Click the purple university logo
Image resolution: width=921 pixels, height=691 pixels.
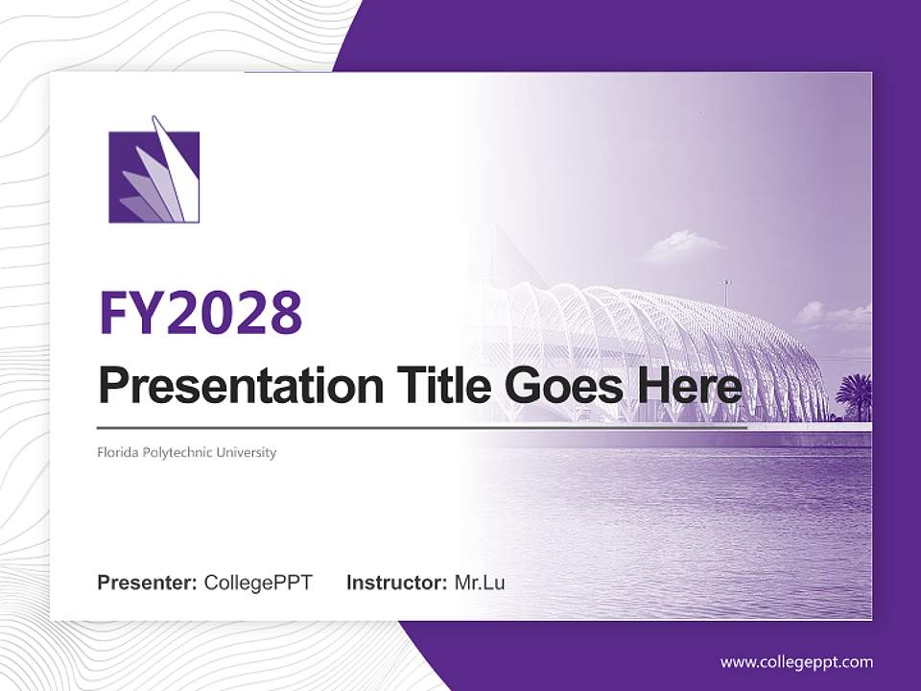click(153, 173)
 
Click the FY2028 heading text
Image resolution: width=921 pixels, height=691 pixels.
click(201, 311)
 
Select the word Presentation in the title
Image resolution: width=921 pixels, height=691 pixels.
click(227, 386)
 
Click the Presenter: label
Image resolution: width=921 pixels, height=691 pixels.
click(147, 583)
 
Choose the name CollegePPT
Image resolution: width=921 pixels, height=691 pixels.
click(258, 583)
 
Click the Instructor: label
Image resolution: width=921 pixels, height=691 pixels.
click(396, 583)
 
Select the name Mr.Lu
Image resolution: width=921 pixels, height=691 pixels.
click(480, 583)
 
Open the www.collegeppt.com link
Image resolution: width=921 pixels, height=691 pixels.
click(796, 662)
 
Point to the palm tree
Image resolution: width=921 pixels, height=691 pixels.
click(854, 393)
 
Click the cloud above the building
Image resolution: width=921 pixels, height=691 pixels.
click(683, 247)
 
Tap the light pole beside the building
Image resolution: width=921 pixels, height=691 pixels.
click(726, 293)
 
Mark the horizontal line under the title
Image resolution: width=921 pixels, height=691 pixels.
click(422, 427)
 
